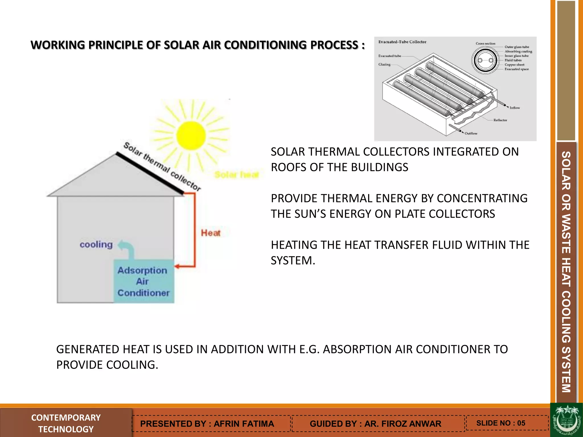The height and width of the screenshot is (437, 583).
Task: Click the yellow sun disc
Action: [191, 136]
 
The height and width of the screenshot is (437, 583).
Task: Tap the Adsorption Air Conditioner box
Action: [143, 281]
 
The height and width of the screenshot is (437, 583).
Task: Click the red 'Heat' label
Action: [211, 233]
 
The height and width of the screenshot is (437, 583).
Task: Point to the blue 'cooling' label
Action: [96, 244]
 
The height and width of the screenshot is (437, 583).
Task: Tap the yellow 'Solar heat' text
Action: [237, 174]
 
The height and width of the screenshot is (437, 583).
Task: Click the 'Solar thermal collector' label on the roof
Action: [162, 166]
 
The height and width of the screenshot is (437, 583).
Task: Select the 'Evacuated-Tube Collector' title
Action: [402, 42]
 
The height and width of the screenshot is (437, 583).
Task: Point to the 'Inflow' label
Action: [514, 108]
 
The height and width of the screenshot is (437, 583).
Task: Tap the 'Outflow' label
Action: [471, 133]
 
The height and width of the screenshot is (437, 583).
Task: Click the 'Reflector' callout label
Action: [500, 120]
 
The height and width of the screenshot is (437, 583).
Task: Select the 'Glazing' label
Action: [384, 65]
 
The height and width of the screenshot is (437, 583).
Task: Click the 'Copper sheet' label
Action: [514, 65]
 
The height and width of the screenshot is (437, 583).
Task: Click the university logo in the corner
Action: [566, 420]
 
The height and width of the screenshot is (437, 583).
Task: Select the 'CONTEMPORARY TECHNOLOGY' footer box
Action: [66, 423]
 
